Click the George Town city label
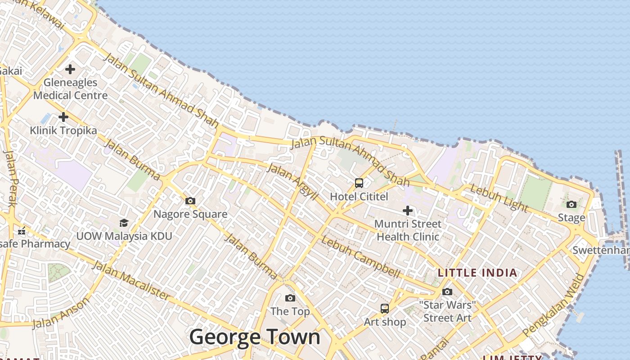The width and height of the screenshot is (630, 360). [255, 337]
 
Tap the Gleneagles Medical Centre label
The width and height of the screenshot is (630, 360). [71, 89]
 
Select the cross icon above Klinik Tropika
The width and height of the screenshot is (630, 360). [63, 117]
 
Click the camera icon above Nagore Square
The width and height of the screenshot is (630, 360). [190, 201]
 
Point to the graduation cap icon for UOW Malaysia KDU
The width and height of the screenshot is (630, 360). [124, 223]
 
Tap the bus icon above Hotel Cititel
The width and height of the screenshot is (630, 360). [359, 183]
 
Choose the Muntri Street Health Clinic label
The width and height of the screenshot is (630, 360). [408, 230]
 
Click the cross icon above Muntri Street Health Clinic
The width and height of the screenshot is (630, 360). [408, 210]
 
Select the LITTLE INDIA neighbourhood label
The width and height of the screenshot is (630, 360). [477, 273]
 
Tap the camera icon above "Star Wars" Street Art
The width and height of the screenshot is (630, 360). [447, 292]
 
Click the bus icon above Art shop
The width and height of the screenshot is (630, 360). [385, 309]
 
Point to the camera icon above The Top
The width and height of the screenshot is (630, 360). [290, 298]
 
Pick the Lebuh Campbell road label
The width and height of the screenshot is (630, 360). [360, 256]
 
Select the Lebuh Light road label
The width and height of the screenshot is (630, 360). [499, 198]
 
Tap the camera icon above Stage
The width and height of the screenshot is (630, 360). [571, 205]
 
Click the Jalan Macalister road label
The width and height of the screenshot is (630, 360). [131, 279]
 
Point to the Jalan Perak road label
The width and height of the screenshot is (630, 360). [10, 178]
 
